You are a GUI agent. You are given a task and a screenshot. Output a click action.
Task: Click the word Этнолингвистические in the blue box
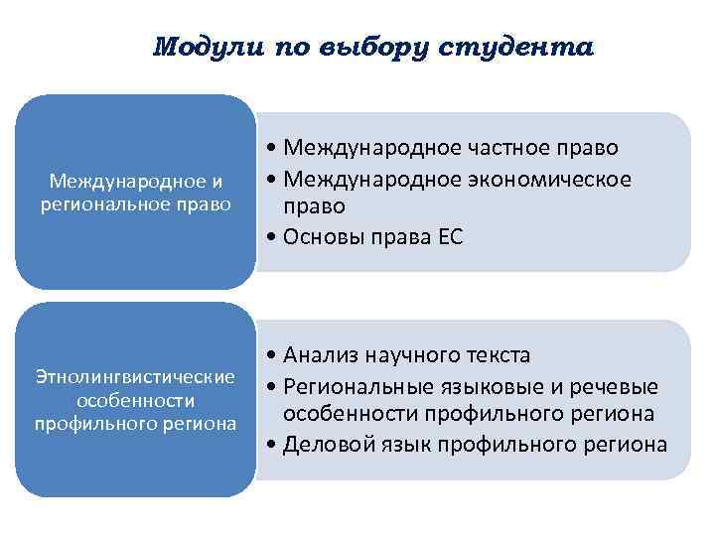tap(135, 377)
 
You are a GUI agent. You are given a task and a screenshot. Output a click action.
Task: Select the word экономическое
tap(547, 178)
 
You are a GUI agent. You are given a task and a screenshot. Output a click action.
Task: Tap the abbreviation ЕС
tap(449, 237)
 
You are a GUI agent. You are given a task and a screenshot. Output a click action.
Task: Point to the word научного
tap(412, 355)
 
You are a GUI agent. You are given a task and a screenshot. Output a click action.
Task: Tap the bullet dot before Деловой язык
tap(271, 445)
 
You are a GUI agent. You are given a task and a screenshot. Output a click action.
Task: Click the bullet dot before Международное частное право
tap(271, 149)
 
